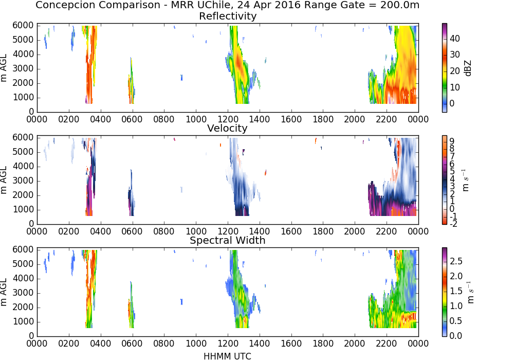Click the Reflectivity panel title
pos(228,16)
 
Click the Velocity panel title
pos(227,128)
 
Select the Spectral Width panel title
pos(228,240)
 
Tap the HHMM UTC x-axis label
pos(228,356)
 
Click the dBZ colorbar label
pos(468,68)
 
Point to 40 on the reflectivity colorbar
pos(455,39)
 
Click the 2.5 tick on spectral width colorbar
pos(455,261)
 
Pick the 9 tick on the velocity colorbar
pos(452,141)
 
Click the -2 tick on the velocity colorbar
pos(453,224)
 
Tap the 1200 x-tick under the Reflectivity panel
pos(228,119)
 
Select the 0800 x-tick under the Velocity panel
pos(164,231)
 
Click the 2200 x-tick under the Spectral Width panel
pos(387,344)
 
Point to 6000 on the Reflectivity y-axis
pos(23,26)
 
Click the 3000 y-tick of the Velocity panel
pos(23,181)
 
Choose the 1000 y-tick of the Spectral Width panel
pos(23,321)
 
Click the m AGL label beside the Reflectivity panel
pos(4,68)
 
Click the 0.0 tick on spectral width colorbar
pos(455,336)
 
